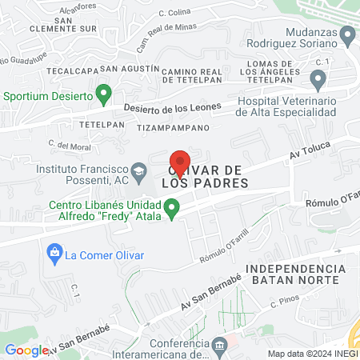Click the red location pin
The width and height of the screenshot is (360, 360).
(x=181, y=164)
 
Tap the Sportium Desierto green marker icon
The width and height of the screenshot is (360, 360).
(x=103, y=95)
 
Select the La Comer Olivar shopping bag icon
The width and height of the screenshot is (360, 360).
(x=54, y=255)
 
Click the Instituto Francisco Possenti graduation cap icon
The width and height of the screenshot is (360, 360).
(x=139, y=170)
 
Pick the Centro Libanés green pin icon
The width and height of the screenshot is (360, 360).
(x=171, y=210)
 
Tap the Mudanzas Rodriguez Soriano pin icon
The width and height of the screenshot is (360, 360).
(x=347, y=35)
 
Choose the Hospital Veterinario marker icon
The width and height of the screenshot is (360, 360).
(x=318, y=79)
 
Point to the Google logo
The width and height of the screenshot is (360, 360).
(x=26, y=350)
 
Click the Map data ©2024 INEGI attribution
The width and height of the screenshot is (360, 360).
(x=312, y=354)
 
